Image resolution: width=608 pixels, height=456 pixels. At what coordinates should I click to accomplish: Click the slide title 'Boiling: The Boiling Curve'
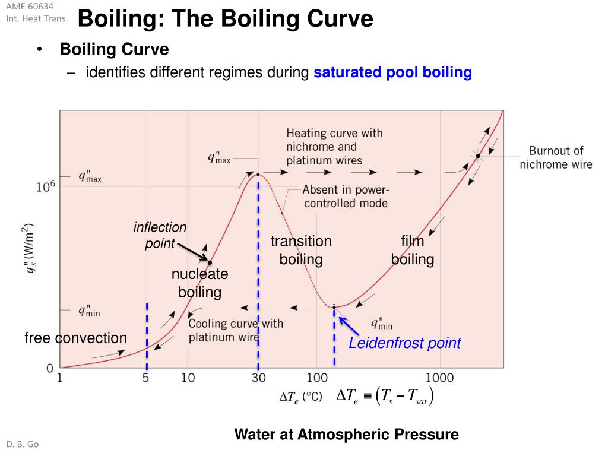[225, 19]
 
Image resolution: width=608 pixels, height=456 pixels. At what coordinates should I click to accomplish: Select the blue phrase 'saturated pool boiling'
[392, 72]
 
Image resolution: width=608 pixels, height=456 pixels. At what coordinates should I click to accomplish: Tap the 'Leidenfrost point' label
[404, 343]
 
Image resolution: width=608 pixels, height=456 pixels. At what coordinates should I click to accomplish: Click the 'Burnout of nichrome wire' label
[556, 157]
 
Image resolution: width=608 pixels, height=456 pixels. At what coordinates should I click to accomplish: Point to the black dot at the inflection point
[210, 262]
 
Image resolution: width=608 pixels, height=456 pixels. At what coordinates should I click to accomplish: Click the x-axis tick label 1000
[439, 378]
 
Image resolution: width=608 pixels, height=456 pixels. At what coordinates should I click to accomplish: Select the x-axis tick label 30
[258, 378]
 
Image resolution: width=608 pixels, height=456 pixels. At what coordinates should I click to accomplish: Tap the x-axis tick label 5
[146, 378]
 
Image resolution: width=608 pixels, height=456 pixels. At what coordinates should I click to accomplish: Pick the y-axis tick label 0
[50, 368]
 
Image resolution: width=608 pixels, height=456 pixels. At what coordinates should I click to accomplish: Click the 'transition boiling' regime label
[301, 250]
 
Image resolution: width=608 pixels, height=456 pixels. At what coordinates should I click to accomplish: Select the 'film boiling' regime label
[412, 250]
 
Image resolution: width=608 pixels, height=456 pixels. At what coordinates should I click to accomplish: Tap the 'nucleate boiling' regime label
[199, 283]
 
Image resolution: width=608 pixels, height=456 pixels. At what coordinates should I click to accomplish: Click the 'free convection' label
[75, 338]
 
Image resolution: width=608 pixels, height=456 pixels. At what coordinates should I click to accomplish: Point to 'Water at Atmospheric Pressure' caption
[346, 434]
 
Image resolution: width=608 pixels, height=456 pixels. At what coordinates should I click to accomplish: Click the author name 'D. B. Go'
[23, 444]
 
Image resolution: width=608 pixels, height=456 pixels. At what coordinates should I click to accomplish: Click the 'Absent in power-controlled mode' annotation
[345, 197]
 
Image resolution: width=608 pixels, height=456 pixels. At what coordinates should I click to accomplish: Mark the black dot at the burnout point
[478, 156]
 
